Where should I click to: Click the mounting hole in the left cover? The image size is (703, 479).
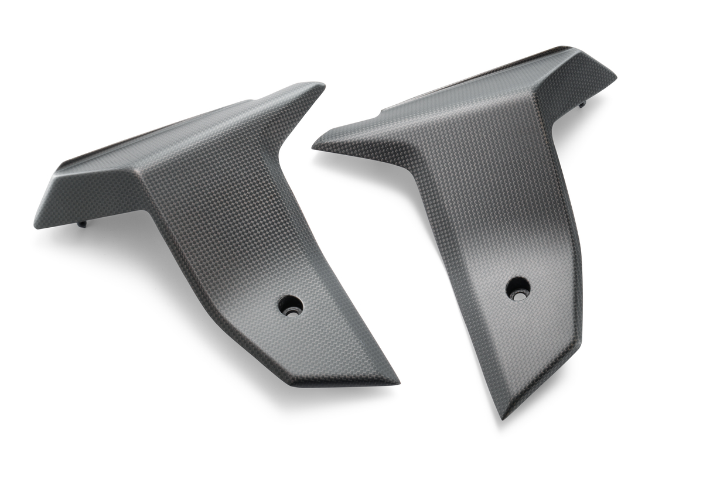click(290, 304)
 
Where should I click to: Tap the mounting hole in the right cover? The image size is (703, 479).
click(518, 289)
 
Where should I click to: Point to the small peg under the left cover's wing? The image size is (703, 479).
click(82, 223)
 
